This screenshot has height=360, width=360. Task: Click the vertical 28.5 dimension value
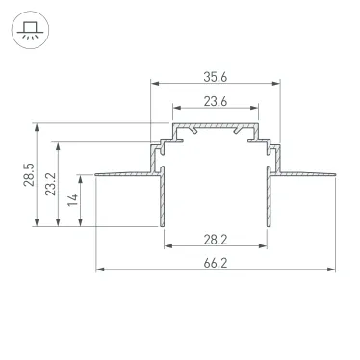[29, 174]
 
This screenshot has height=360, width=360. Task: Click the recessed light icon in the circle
[29, 29]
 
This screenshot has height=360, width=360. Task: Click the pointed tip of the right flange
[337, 175]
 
